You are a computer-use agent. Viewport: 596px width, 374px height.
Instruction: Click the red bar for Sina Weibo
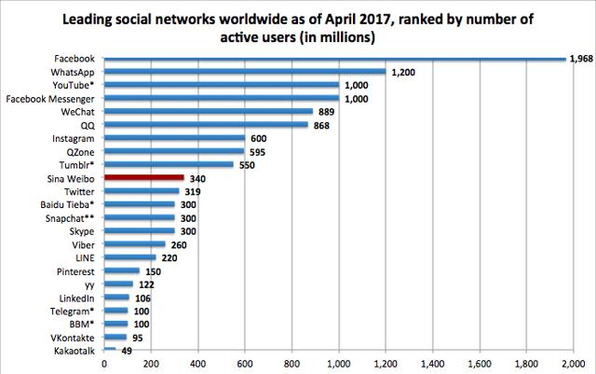tap(143, 177)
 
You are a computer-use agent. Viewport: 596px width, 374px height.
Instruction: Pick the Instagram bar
tap(173, 137)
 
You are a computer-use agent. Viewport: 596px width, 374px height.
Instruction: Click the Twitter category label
tap(78, 190)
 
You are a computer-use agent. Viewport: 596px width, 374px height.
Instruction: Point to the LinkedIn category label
tap(76, 297)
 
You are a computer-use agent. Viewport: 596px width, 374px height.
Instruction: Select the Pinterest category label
tap(74, 270)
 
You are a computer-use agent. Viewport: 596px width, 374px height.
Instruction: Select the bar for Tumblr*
tap(168, 164)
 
